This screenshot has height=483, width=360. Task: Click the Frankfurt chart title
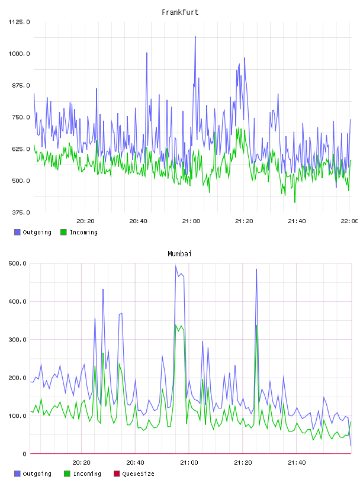tap(180, 12)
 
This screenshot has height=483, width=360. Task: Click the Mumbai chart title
tap(179, 254)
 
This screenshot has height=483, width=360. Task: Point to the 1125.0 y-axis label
tap(19, 22)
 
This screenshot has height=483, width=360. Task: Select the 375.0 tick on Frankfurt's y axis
tap(21, 212)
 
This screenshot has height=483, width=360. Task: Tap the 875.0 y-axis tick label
tap(21, 85)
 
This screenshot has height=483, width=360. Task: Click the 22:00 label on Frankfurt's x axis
tap(349, 221)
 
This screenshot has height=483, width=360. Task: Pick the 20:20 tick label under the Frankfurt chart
tap(85, 221)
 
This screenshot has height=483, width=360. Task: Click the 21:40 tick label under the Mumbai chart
tap(297, 463)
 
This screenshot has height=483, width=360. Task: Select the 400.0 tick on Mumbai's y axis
tap(17, 301)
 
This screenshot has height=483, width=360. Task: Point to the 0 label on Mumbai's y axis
tap(25, 454)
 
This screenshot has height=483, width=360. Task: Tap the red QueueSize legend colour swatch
tap(117, 474)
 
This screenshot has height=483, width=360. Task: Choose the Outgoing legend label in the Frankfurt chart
tap(37, 232)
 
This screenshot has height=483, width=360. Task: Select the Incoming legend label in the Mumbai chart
tap(87, 474)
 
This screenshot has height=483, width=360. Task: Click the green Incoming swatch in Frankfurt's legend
tap(63, 232)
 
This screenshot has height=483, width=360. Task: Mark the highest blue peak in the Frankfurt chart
tap(195, 37)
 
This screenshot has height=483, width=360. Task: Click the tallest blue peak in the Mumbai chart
tap(176, 266)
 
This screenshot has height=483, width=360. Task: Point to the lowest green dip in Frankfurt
tap(295, 202)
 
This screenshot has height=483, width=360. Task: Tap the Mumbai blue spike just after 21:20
tap(256, 269)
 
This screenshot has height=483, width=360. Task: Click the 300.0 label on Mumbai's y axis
tap(17, 340)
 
